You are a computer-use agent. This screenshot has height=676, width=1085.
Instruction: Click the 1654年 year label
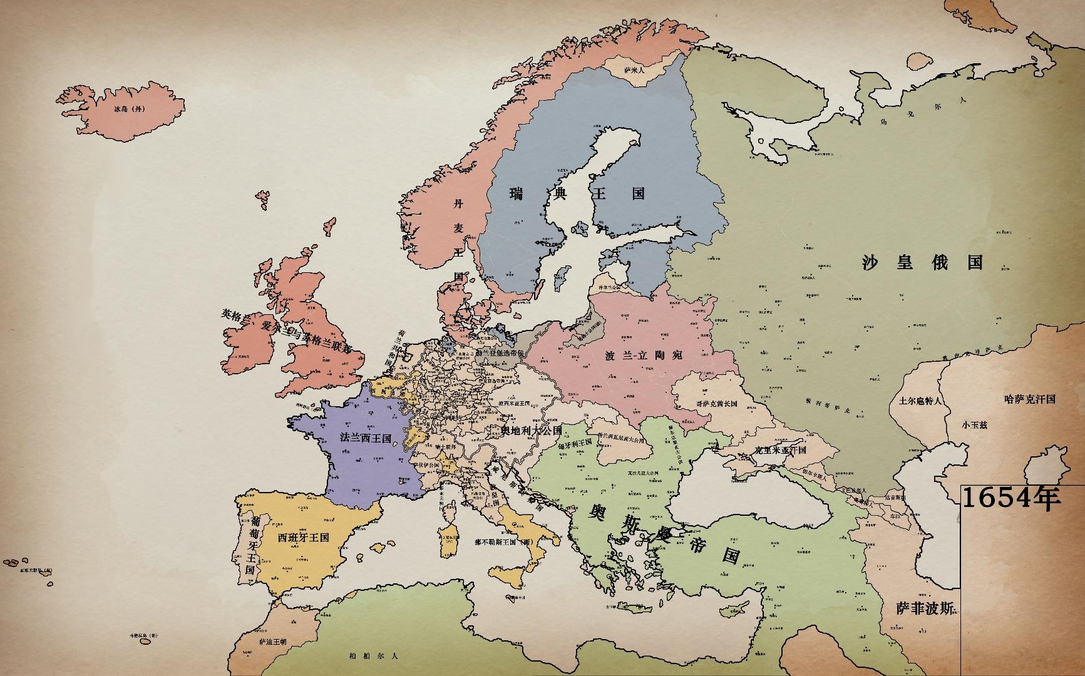coord(1011,499)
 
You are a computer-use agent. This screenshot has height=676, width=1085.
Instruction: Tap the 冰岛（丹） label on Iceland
coord(130,109)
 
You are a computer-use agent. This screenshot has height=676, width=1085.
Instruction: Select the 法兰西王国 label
coord(365,438)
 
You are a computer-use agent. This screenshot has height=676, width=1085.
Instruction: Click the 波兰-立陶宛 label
coord(643,356)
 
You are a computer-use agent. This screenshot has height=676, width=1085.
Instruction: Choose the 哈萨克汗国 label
coord(1030,399)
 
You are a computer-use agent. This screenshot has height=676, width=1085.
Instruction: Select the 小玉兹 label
coord(975,424)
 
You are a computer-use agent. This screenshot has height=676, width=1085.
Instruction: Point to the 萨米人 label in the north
coord(637,71)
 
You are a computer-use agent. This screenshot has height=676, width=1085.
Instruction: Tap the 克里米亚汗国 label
coord(780,450)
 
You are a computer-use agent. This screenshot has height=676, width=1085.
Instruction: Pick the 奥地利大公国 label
coord(532,431)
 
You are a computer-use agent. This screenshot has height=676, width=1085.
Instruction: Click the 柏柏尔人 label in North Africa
coord(374,656)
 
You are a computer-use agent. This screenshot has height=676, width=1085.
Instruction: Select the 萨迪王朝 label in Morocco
coord(272,642)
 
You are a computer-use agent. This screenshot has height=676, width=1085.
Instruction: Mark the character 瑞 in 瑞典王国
coord(517,194)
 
